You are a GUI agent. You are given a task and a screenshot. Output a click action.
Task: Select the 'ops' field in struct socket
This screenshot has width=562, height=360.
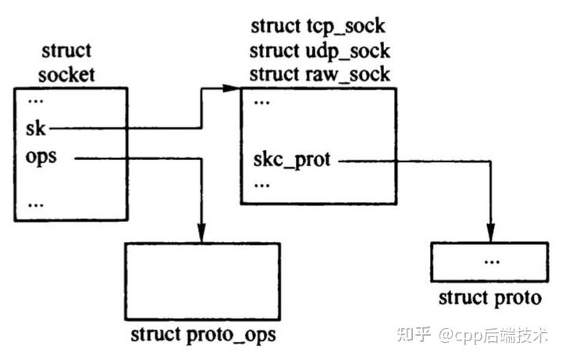[x=41, y=156]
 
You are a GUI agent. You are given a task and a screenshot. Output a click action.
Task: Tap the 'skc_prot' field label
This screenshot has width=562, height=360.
[x=292, y=161]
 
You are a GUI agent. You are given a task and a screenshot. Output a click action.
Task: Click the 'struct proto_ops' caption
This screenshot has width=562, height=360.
[x=203, y=336]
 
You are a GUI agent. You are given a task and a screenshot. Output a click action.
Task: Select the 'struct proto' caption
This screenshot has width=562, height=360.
[x=489, y=298]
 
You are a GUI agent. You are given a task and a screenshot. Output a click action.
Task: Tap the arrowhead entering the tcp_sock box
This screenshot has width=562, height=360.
[x=232, y=89]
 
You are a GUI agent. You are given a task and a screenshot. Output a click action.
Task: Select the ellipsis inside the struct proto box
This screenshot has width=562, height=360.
[x=490, y=260]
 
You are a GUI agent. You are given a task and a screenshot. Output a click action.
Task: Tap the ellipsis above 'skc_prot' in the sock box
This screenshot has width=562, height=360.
[x=262, y=102]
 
